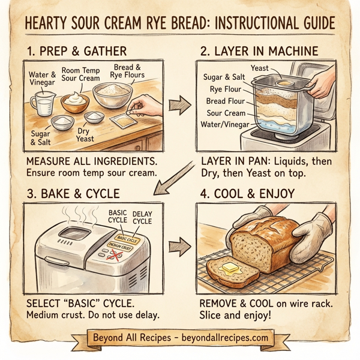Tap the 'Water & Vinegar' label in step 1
coord(42,79)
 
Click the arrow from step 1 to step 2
coord(179,106)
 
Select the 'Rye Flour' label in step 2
coord(223,90)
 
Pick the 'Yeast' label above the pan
coord(259,68)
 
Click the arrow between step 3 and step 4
coord(179,246)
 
